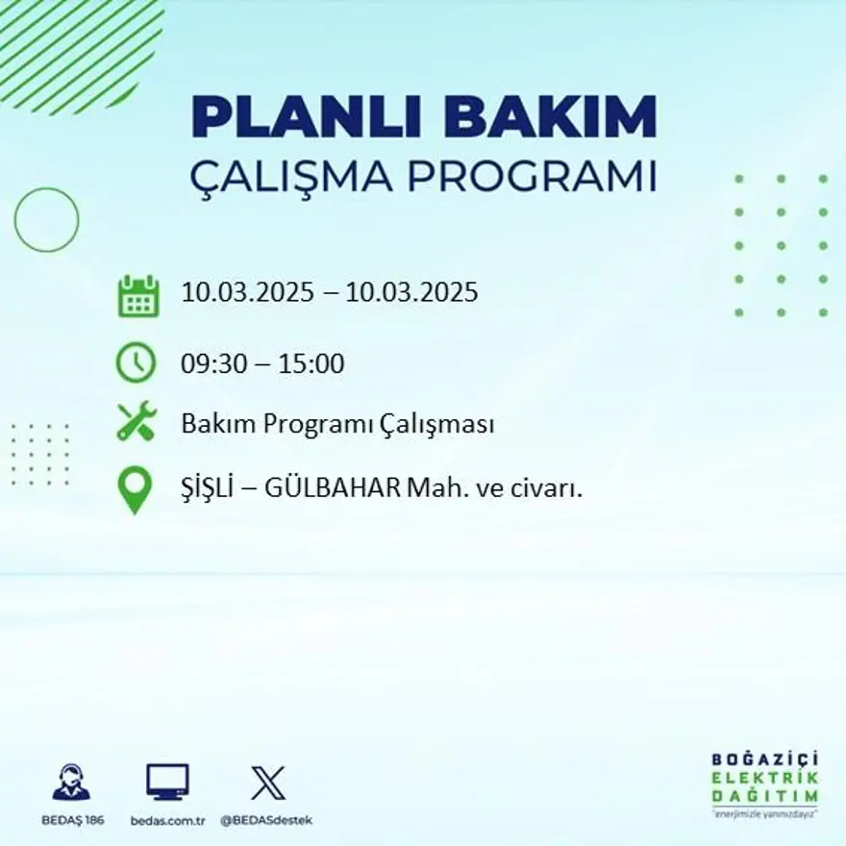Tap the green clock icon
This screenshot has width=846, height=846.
137,363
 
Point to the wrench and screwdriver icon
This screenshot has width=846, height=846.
137,423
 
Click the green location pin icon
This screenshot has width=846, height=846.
135,489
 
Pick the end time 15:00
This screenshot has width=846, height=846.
312,364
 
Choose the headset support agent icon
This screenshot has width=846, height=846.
71,783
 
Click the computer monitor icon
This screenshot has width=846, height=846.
167,783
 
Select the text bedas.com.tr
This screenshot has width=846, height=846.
168,820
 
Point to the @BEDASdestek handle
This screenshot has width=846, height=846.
266,820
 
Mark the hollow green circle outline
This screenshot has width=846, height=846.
46,220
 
